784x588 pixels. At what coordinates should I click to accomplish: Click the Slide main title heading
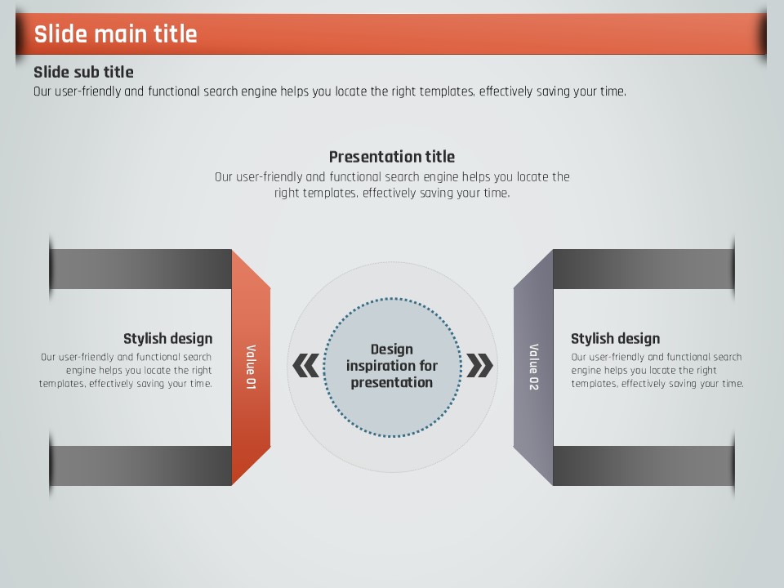(x=115, y=34)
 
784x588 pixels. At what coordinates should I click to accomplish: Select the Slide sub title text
(x=83, y=72)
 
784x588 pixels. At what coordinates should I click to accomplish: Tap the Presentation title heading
(x=392, y=157)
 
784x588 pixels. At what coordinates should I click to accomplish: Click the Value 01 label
(x=251, y=367)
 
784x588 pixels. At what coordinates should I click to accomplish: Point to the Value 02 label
(x=534, y=367)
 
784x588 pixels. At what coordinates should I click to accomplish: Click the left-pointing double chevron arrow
(x=306, y=366)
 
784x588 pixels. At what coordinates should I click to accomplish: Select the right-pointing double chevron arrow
(x=479, y=366)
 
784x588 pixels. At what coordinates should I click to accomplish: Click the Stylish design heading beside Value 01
(x=168, y=338)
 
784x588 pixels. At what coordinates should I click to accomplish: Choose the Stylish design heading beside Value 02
(x=616, y=338)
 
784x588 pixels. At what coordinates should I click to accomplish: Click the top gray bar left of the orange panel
(x=140, y=269)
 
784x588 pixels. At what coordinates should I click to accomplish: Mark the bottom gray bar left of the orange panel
(x=140, y=465)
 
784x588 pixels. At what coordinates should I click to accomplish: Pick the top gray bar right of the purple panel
(x=644, y=269)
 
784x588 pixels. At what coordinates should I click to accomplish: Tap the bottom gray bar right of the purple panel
(x=644, y=465)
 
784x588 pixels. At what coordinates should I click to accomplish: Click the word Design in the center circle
(x=392, y=349)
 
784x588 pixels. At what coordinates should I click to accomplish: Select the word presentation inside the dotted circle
(x=392, y=382)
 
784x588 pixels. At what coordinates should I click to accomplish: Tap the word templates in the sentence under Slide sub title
(x=447, y=91)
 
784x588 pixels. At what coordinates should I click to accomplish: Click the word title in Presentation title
(x=440, y=157)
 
